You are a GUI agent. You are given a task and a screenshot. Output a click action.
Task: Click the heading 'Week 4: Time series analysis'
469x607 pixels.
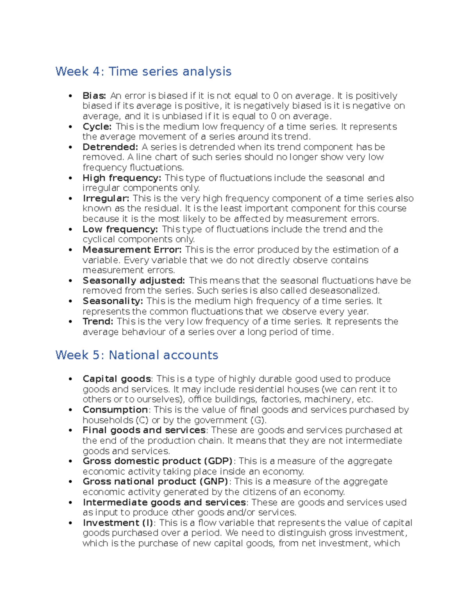[143, 72]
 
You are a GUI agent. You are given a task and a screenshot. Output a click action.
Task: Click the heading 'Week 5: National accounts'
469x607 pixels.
[136, 355]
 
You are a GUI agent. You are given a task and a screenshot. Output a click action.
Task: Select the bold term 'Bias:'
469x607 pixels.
[94, 96]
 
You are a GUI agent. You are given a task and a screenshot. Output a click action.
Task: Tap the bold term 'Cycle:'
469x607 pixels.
[97, 127]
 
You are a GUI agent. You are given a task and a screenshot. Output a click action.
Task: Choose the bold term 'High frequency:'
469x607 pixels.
[122, 178]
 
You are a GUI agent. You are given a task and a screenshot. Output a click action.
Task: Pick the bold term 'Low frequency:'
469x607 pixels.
[120, 229]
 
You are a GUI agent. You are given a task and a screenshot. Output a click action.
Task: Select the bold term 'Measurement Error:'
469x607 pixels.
[132, 250]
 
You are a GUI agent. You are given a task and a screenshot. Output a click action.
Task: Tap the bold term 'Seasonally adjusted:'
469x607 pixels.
[134, 281]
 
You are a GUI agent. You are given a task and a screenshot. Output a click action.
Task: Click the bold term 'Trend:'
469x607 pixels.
[98, 322]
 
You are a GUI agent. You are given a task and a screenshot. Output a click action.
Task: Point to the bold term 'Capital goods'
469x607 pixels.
[116, 379]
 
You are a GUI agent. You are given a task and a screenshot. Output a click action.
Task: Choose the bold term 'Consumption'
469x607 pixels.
[115, 410]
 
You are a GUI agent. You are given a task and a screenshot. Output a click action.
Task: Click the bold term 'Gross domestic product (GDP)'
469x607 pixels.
[158, 461]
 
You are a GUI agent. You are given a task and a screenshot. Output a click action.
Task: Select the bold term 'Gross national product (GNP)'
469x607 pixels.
[156, 482]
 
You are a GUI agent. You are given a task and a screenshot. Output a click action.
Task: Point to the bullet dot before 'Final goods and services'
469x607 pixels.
[70, 430]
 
